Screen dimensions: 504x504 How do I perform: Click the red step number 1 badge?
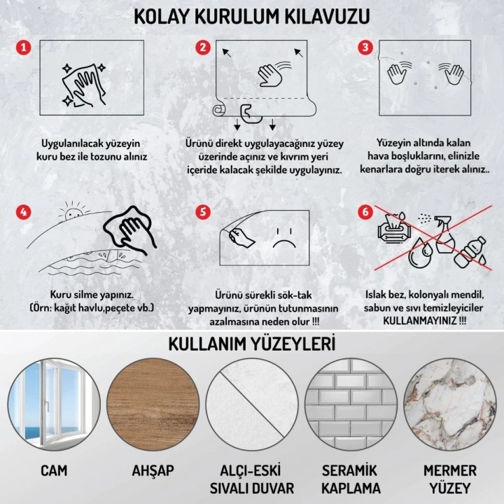24,48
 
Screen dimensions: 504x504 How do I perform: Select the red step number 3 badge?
365,48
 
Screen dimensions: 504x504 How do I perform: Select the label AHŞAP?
153,470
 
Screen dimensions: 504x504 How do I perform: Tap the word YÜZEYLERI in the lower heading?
294,344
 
